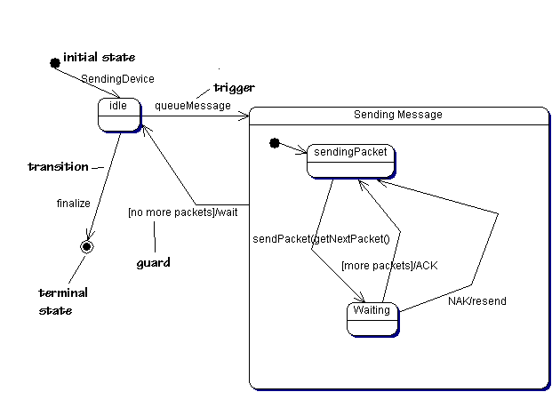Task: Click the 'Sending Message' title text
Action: click(x=397, y=115)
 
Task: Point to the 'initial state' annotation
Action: click(x=100, y=58)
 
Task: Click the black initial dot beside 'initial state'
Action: click(x=54, y=62)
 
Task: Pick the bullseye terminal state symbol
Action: click(x=86, y=245)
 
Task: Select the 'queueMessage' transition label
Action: click(x=193, y=106)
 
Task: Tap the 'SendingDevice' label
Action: click(x=117, y=79)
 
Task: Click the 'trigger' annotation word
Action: click(x=234, y=88)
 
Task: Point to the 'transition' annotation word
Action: click(x=59, y=166)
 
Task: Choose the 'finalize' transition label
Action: click(x=74, y=204)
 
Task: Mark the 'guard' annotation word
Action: click(x=153, y=263)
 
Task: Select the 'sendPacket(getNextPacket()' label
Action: click(x=321, y=239)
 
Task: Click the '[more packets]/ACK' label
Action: click(x=389, y=265)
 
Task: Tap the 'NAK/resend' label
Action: click(x=477, y=301)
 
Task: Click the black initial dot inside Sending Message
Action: click(x=275, y=142)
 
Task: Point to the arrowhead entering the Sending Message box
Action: click(x=246, y=115)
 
